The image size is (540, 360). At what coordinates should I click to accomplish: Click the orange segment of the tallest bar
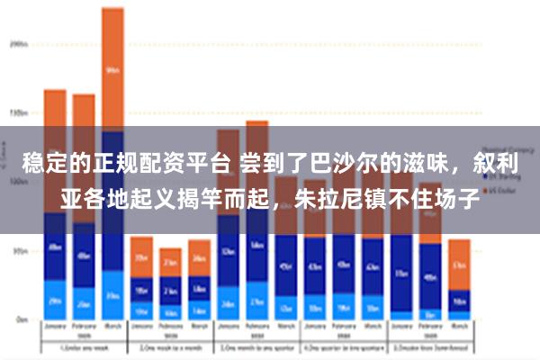[112, 67]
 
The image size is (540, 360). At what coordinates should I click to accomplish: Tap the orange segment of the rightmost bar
[459, 264]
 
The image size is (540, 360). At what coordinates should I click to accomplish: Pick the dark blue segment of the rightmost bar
[459, 300]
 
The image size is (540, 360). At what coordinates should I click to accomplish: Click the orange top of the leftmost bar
[55, 112]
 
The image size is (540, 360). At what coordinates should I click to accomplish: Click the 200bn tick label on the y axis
[19, 42]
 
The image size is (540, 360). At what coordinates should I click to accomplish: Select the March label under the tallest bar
[112, 327]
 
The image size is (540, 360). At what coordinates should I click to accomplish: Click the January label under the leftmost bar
[55, 327]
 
